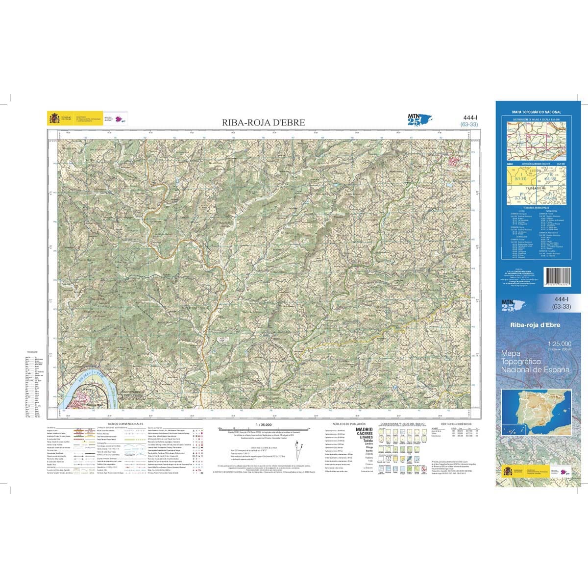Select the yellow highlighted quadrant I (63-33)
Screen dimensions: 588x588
(x=520, y=178)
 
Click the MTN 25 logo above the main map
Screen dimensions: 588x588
(x=415, y=119)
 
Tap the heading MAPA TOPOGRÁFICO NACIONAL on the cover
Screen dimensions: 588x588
(x=536, y=112)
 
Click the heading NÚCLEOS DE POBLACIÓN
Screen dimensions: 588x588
(x=346, y=423)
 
